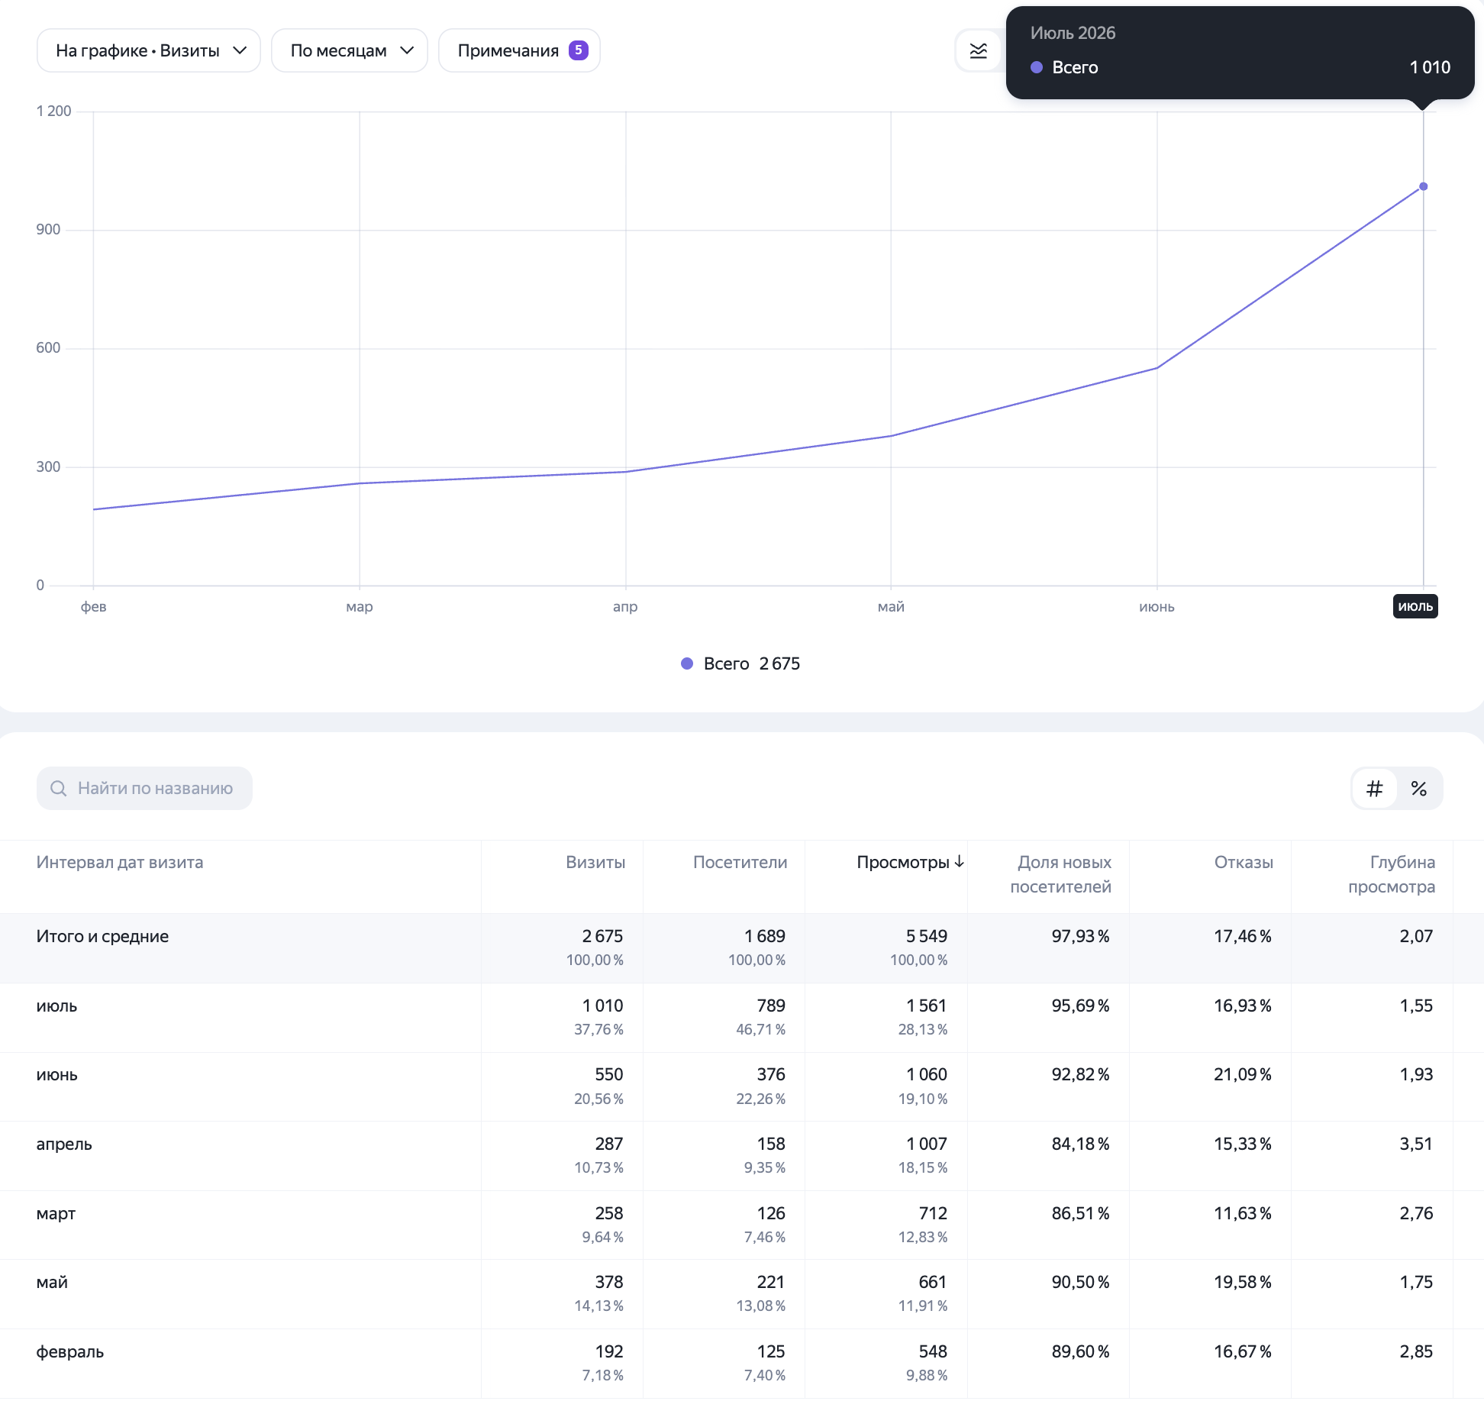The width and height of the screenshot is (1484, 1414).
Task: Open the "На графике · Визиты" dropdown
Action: pyautogui.click(x=149, y=50)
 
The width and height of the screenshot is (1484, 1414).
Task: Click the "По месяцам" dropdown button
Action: pyautogui.click(x=350, y=50)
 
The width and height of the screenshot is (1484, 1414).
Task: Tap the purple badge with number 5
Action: pyautogui.click(x=579, y=50)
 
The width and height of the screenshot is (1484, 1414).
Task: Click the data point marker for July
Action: pyautogui.click(x=1423, y=186)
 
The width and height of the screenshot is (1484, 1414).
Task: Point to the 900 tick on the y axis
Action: pyautogui.click(x=48, y=229)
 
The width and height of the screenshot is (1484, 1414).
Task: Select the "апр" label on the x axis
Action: pyautogui.click(x=625, y=607)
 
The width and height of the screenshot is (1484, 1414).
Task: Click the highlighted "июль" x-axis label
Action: pyautogui.click(x=1415, y=606)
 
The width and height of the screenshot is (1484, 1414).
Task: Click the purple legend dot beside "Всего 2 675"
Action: pyautogui.click(x=687, y=663)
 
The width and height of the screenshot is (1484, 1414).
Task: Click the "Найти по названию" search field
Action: pyautogui.click(x=144, y=788)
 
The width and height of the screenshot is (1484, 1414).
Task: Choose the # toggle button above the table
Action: pyautogui.click(x=1374, y=789)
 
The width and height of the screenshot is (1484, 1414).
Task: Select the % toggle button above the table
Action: pyautogui.click(x=1419, y=789)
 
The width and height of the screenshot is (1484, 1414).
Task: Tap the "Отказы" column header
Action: pyautogui.click(x=1244, y=862)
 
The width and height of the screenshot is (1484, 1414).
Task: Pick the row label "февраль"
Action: pyautogui.click(x=70, y=1351)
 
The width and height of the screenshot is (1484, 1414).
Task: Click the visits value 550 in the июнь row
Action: pyautogui.click(x=609, y=1074)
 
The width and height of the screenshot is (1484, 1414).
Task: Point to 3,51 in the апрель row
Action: pyautogui.click(x=1416, y=1144)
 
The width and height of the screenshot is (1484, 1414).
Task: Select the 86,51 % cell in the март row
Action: pyautogui.click(x=1081, y=1213)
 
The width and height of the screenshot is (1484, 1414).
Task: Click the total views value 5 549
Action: pyautogui.click(x=927, y=936)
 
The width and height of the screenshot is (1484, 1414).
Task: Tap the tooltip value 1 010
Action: pyautogui.click(x=1430, y=67)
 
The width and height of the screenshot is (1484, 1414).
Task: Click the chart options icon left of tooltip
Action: pyautogui.click(x=978, y=51)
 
